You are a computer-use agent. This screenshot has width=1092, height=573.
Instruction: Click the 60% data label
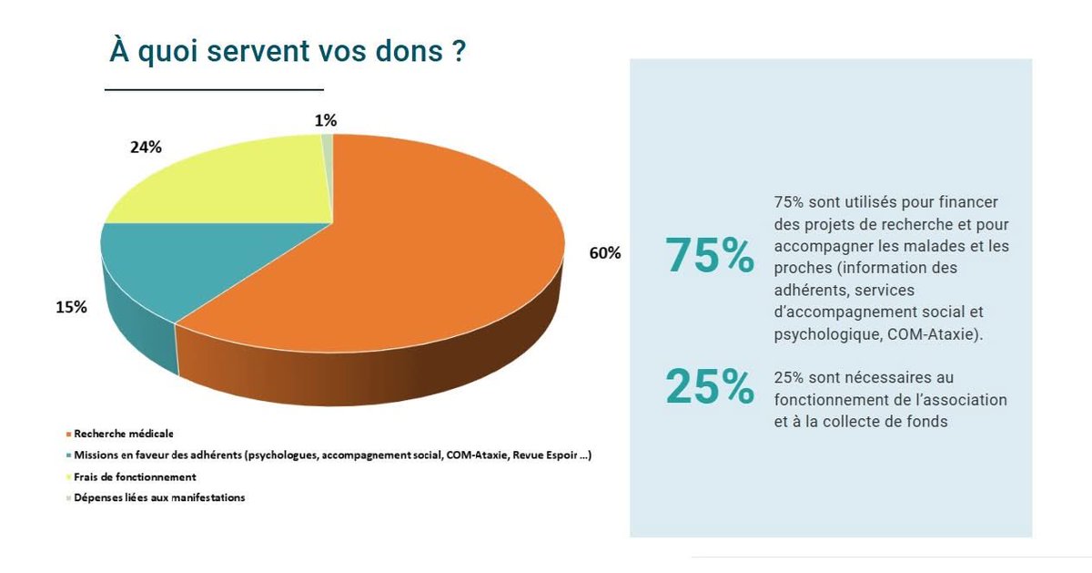pyautogui.click(x=605, y=253)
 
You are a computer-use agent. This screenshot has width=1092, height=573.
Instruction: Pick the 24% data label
pyautogui.click(x=146, y=147)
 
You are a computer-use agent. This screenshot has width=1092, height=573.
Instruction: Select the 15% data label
pyautogui.click(x=71, y=307)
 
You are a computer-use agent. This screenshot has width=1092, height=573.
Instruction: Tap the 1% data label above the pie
pyautogui.click(x=326, y=119)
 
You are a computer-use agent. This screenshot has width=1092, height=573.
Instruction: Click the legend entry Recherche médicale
pyautogui.click(x=124, y=434)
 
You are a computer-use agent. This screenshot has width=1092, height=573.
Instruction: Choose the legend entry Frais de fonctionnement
pyautogui.click(x=135, y=476)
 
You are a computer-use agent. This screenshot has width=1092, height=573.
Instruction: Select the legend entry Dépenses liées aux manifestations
pyautogui.click(x=159, y=497)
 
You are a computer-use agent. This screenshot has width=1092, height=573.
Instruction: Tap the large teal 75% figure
pyautogui.click(x=710, y=256)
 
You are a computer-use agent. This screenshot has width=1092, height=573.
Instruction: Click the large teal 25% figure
pyautogui.click(x=710, y=387)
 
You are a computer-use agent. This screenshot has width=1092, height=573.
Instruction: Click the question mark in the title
pyautogui.click(x=460, y=51)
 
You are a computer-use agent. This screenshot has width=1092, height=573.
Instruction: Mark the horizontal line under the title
pyautogui.click(x=214, y=90)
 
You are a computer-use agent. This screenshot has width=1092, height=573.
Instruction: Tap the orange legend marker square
pyautogui.click(x=69, y=435)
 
